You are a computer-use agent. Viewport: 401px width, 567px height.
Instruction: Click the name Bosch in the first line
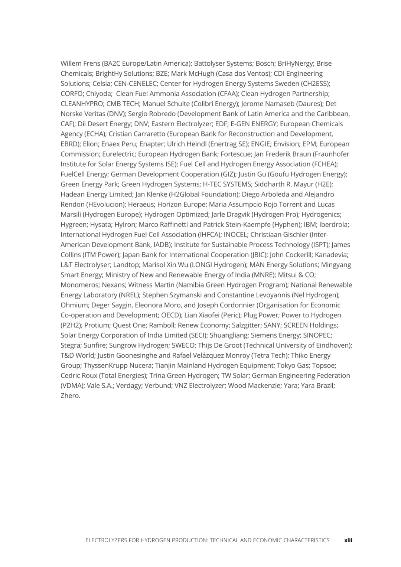[265, 63]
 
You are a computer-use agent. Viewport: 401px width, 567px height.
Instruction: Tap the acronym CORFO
[72, 94]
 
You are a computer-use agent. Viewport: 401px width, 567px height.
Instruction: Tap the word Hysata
[99, 225]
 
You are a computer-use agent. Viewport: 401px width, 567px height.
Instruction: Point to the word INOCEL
[235, 235]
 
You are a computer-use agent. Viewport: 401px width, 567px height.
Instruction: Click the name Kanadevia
[331, 255]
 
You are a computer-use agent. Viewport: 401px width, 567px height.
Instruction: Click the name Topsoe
[323, 366]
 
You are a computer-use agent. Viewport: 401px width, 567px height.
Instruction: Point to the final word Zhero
[70, 396]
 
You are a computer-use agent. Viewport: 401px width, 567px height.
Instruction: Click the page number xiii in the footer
[348, 540]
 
